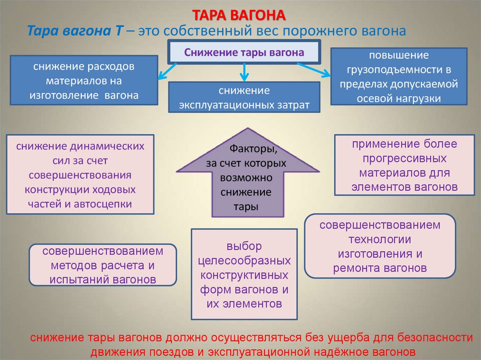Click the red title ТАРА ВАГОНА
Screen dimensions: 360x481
tap(240, 15)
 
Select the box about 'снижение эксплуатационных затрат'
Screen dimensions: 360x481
tap(244, 97)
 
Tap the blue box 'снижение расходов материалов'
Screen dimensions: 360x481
tap(83, 80)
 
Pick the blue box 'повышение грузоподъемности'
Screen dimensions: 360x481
tap(398, 76)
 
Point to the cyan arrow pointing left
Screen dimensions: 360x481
tap(164, 73)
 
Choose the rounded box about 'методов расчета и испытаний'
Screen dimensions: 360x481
tap(102, 265)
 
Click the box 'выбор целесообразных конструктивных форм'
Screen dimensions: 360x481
tap(244, 274)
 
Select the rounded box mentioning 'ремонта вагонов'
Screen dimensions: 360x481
tap(380, 246)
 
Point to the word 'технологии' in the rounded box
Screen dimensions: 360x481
tap(380, 239)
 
